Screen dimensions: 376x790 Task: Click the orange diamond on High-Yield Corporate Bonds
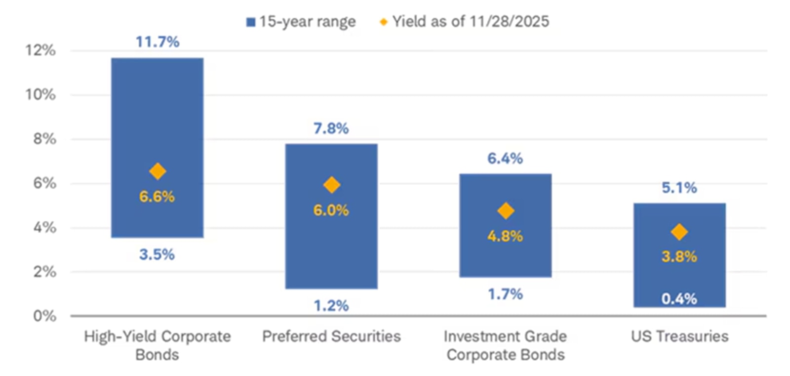click(x=158, y=171)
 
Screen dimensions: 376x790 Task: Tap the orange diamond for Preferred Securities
click(x=331, y=185)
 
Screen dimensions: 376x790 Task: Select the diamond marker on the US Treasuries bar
click(x=679, y=232)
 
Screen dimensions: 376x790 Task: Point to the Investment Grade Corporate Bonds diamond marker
click(x=505, y=211)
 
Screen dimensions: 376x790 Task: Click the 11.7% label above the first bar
click(x=158, y=42)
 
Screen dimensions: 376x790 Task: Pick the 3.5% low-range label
click(x=157, y=254)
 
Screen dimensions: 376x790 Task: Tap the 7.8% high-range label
click(x=331, y=128)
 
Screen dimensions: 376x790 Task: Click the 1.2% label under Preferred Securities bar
click(x=331, y=306)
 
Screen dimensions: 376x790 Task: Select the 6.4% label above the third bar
click(x=505, y=159)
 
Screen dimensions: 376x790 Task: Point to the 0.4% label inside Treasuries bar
click(x=679, y=299)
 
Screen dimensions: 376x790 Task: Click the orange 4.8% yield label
click(x=505, y=236)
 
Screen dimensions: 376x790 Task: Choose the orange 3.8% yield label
click(x=679, y=256)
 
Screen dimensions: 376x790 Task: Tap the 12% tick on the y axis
click(x=40, y=50)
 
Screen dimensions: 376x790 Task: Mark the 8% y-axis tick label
click(x=44, y=139)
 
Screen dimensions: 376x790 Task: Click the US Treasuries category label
click(x=679, y=336)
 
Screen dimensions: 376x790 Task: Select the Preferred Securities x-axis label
click(x=331, y=336)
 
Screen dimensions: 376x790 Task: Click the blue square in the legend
click(x=251, y=22)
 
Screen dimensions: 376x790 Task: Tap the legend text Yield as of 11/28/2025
click(x=471, y=22)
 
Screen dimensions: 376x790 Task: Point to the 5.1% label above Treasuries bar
click(x=679, y=188)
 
